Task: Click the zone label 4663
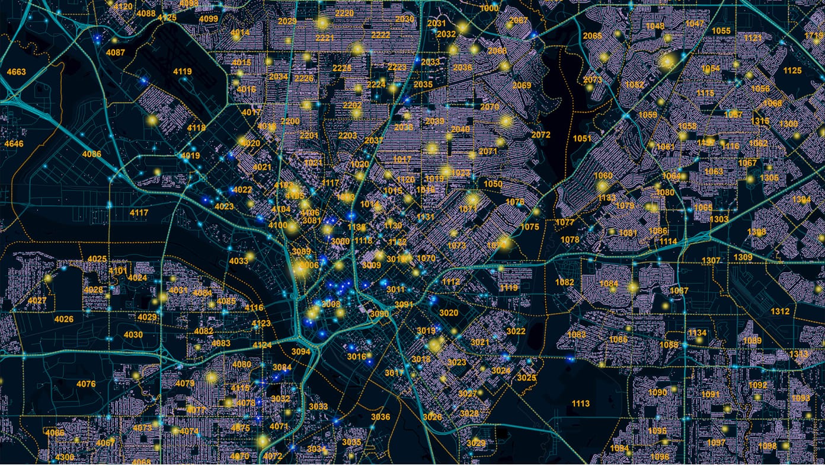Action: point(16,72)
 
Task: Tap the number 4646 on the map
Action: point(14,144)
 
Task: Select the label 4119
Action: point(183,72)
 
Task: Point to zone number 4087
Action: point(116,52)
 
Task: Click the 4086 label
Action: point(92,154)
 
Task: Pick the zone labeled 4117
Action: point(139,212)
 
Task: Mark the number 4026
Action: point(63,319)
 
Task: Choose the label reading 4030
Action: point(133,335)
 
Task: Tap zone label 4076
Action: point(86,384)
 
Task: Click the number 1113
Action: point(581,403)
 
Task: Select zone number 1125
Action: point(792,71)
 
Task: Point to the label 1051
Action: point(582,138)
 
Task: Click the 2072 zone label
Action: point(541,135)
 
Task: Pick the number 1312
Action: point(780,311)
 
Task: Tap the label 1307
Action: point(711,261)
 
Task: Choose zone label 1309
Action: point(743,257)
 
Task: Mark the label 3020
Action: point(449,313)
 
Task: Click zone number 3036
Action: point(380,416)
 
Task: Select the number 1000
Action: point(489,8)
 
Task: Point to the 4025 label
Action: point(97,259)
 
